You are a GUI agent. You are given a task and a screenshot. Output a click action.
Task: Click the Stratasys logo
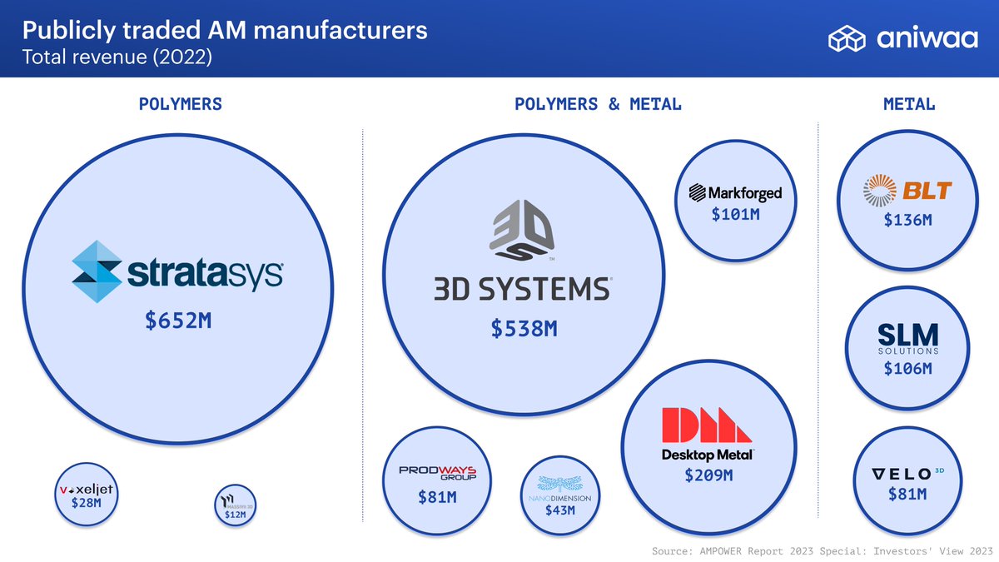pyautogui.click(x=176, y=271)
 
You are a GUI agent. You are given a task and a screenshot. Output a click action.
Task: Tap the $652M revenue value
pyautogui.click(x=178, y=321)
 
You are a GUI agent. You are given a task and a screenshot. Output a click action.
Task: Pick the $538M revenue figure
pyautogui.click(x=524, y=329)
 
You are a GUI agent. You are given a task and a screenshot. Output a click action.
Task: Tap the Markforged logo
pyautogui.click(x=734, y=193)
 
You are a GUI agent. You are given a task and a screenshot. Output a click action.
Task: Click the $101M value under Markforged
pyautogui.click(x=734, y=215)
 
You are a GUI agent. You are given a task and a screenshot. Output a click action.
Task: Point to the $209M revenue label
pyautogui.click(x=708, y=475)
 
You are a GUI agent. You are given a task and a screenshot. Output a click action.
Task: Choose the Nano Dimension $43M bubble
pyautogui.click(x=559, y=495)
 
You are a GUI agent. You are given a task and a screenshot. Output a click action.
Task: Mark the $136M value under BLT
pyautogui.click(x=907, y=221)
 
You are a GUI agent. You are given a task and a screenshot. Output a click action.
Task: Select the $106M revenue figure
pyautogui.click(x=907, y=368)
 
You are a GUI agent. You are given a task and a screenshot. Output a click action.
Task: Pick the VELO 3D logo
pyautogui.click(x=907, y=474)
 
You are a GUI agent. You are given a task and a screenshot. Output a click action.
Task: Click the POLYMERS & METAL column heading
pyautogui.click(x=598, y=104)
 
